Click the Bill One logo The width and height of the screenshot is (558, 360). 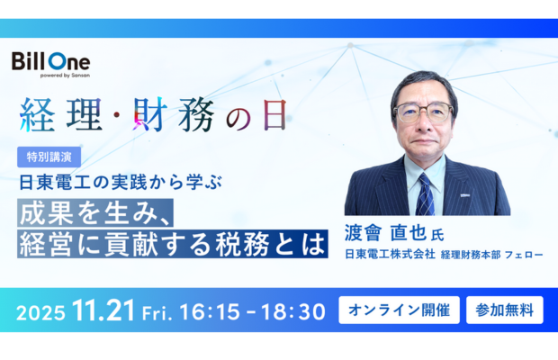pos(50,62)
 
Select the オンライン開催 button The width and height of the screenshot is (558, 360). pos(399,310)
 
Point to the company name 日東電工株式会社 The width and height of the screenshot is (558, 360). pos(389,255)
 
